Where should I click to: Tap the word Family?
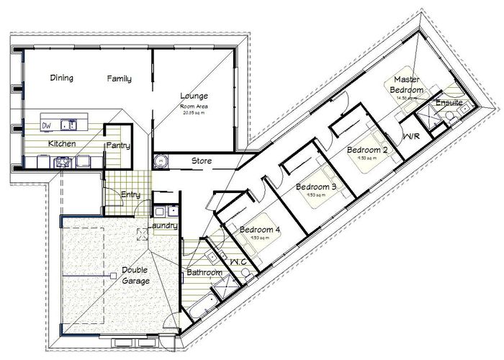tap(120, 78)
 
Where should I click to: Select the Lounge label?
tap(194, 96)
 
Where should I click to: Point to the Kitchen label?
tap(62, 144)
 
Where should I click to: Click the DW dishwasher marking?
tap(47, 125)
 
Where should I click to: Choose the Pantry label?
tap(117, 145)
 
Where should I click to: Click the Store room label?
tap(201, 161)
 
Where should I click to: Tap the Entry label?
tap(131, 194)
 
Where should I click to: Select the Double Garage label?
tap(135, 276)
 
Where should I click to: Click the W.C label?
tap(238, 261)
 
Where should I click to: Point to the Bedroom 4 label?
tap(260, 230)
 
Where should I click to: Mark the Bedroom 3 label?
tap(317, 187)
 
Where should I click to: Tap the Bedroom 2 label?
tap(367, 150)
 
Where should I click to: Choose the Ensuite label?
tap(449, 102)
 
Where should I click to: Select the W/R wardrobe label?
tap(412, 136)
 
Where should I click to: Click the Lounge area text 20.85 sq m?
tap(194, 112)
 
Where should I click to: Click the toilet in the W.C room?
tap(245, 272)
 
